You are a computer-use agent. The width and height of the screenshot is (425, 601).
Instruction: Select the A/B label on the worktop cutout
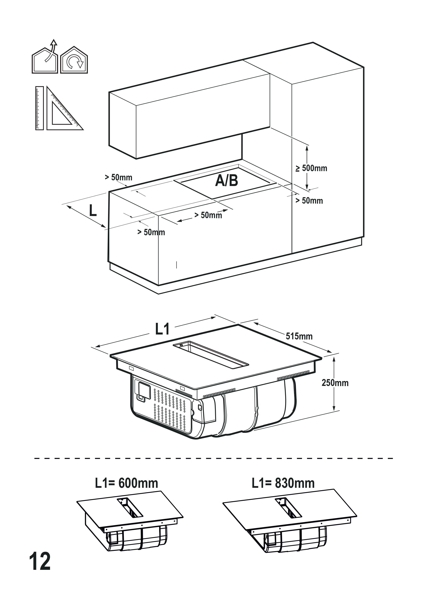226,181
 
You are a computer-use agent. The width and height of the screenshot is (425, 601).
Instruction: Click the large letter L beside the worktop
93,210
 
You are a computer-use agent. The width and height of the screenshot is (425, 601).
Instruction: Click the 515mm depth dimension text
299,336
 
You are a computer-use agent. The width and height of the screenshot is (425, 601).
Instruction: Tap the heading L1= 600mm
126,483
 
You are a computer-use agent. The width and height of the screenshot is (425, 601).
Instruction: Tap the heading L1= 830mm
283,483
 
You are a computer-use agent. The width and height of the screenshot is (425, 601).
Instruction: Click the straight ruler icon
40,108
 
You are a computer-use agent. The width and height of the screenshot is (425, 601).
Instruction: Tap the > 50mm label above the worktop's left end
118,177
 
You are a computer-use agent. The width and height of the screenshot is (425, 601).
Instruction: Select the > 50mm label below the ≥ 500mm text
309,201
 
